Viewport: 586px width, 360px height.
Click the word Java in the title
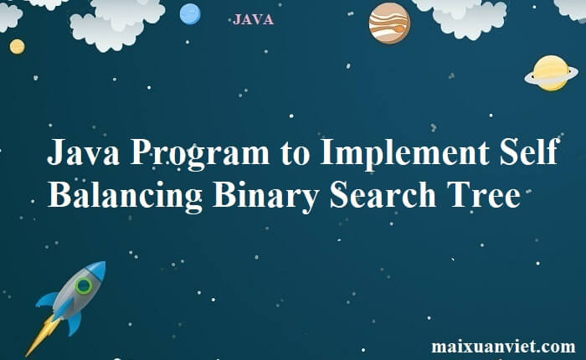click(x=83, y=156)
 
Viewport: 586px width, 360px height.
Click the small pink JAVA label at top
click(x=254, y=19)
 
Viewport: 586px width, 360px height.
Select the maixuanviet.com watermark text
click(x=503, y=346)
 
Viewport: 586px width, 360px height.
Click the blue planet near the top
click(x=191, y=13)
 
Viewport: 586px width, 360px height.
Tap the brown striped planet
click(x=389, y=23)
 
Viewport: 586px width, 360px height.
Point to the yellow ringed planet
click(x=551, y=73)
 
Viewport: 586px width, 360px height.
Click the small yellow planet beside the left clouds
click(x=18, y=46)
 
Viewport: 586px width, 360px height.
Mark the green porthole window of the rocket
click(x=83, y=286)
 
